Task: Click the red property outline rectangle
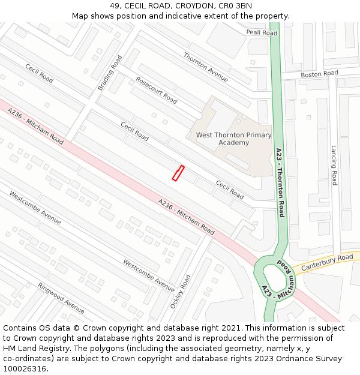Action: click(178, 173)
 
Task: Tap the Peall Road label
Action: click(262, 33)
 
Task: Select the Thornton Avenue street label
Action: click(205, 67)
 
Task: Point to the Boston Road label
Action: click(319, 74)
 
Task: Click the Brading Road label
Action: click(110, 73)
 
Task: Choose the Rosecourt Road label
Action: click(156, 90)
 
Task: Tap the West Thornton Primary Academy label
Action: click(233, 139)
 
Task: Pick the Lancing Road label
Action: click(334, 165)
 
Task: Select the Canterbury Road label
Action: click(327, 262)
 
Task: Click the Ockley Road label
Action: click(180, 292)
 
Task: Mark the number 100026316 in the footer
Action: click(24, 368)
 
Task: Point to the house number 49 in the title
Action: click(115, 6)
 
